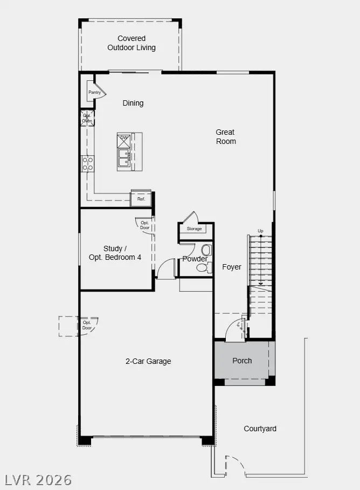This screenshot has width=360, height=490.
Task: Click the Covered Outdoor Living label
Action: tap(131, 43)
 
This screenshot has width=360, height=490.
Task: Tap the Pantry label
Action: tap(95, 93)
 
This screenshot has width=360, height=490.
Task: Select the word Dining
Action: tap(133, 103)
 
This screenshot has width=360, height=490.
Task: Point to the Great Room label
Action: tap(226, 137)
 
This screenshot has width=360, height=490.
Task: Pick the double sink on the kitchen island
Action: tap(124, 157)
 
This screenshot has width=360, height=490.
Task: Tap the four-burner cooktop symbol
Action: tap(87, 164)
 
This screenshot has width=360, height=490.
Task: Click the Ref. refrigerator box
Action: tap(141, 199)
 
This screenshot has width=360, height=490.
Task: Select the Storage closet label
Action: tap(195, 229)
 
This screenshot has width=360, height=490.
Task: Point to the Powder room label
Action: tap(195, 259)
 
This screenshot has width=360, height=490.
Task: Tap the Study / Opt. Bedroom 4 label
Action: tap(115, 253)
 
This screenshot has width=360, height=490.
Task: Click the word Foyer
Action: tap(232, 267)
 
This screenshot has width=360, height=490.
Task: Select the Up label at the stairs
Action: tap(260, 231)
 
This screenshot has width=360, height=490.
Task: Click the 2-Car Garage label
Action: tap(148, 361)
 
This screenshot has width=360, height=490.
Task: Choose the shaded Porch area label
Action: tap(242, 361)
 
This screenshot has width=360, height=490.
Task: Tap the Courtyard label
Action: tap(260, 429)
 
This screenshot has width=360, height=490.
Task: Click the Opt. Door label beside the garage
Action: tap(87, 325)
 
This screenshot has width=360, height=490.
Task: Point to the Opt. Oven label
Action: tap(87, 118)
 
